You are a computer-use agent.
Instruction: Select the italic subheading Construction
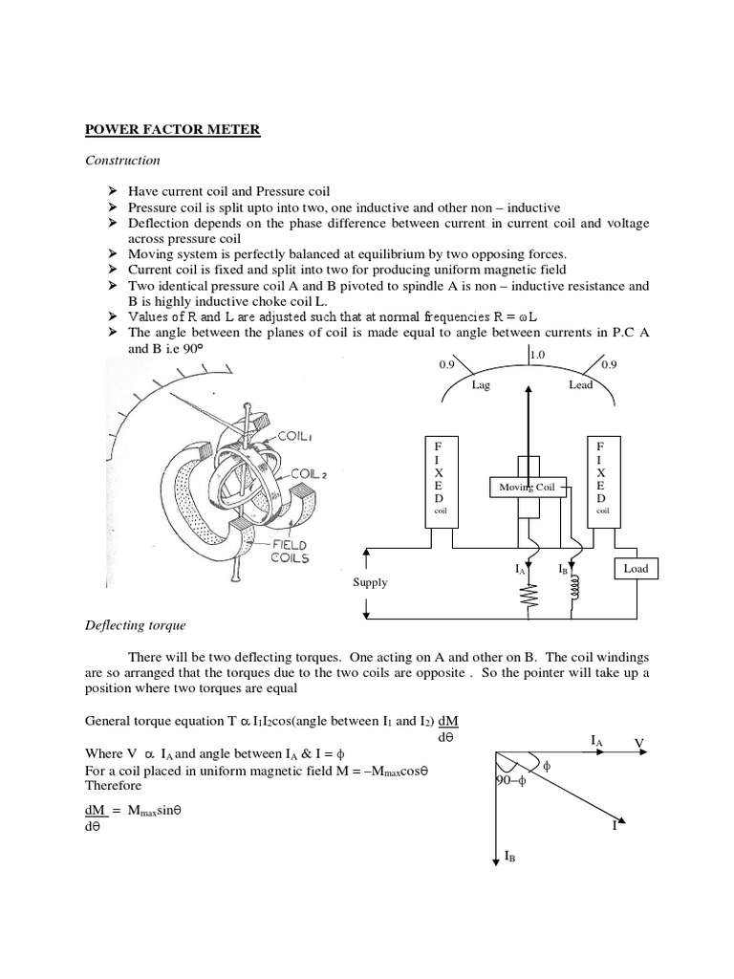click(123, 161)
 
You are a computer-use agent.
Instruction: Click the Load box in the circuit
click(635, 568)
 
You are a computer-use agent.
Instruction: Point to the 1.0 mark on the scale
click(537, 355)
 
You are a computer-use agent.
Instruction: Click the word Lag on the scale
click(481, 384)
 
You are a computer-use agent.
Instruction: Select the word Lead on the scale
click(580, 384)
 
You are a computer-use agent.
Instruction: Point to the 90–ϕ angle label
click(508, 780)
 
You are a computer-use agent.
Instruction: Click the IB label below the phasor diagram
click(509, 858)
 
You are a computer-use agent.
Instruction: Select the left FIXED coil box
click(439, 481)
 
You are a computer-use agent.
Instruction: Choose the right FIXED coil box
click(599, 481)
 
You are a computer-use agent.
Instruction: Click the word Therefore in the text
click(113, 785)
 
